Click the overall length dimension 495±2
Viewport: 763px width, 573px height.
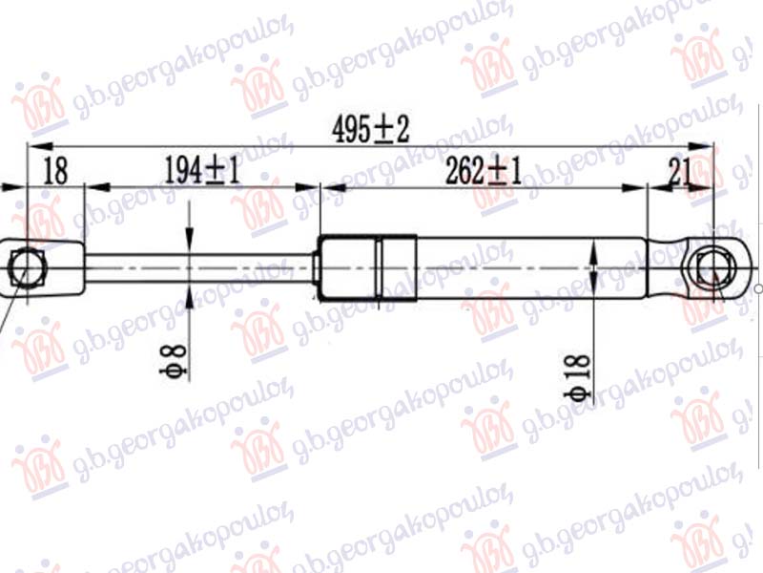(x=371, y=130)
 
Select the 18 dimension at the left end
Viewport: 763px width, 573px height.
(x=55, y=172)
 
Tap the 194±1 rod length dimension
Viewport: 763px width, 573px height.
(x=201, y=172)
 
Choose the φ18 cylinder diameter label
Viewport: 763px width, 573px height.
(x=579, y=378)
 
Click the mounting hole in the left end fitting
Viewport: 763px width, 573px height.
(x=27, y=267)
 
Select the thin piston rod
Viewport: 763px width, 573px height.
(x=200, y=268)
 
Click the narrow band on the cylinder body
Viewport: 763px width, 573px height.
(x=381, y=268)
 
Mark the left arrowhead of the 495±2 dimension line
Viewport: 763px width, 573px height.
(x=34, y=146)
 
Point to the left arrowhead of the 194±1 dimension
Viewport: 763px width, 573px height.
(x=93, y=188)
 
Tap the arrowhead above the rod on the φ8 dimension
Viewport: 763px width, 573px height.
(x=189, y=246)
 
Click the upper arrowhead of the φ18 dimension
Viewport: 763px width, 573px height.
(x=594, y=247)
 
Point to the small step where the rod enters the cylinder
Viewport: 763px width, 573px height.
(x=317, y=268)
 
